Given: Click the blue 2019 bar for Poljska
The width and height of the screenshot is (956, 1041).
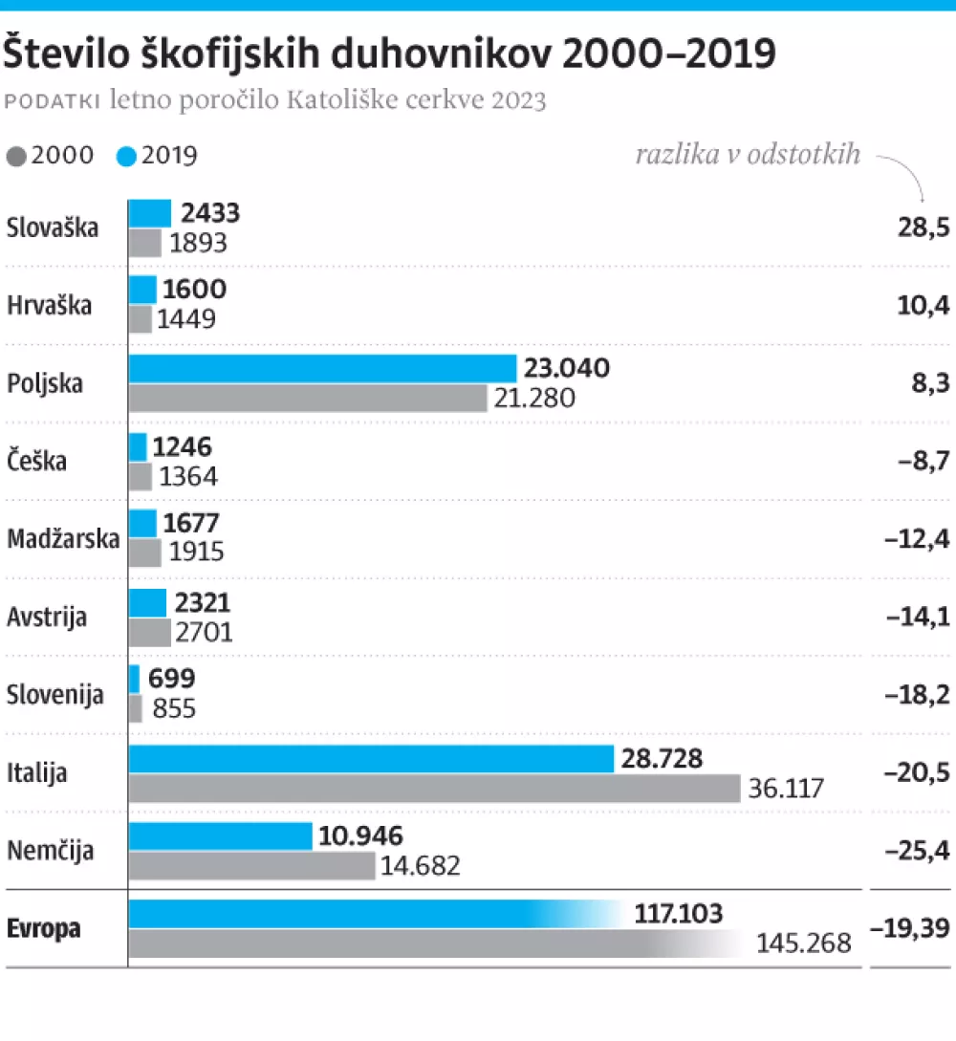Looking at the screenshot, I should point(322,368).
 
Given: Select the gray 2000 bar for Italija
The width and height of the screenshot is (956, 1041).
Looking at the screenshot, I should point(434,789).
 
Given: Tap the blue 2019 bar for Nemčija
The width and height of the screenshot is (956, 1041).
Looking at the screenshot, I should point(221,835).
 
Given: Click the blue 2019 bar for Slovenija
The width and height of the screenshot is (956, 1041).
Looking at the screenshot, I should point(135,679).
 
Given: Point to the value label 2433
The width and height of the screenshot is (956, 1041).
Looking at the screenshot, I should point(210,212).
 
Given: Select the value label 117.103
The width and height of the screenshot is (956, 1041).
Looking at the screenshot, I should point(678,914).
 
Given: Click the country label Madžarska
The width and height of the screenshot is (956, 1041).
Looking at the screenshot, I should point(63,539).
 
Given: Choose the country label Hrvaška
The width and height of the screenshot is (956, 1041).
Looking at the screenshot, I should point(49,306).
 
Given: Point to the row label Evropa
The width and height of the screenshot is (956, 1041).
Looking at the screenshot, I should point(44,928).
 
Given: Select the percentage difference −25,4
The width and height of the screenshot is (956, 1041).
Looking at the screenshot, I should point(918,850).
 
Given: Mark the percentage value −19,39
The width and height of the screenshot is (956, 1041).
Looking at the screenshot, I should point(911,928).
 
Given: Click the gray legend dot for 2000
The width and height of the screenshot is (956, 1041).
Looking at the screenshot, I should point(16,156).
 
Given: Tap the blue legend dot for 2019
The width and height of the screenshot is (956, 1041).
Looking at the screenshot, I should point(126,156).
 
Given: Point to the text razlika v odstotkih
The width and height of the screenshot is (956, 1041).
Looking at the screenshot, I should point(748,155).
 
